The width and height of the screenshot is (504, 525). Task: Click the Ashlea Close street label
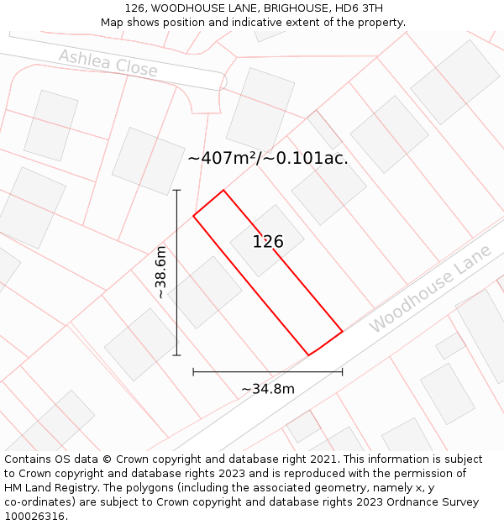pyautogui.click(x=108, y=63)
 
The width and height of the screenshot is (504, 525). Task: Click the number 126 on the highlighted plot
pyautogui.click(x=268, y=242)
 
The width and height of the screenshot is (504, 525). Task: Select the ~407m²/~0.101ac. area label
pyautogui.click(x=267, y=158)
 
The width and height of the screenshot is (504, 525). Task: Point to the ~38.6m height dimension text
pyautogui.click(x=160, y=272)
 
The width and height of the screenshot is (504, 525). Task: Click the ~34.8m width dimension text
pyautogui.click(x=268, y=389)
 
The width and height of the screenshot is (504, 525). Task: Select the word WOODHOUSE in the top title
pyautogui.click(x=186, y=8)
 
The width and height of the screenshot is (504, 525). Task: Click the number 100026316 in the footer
pyautogui.click(x=34, y=517)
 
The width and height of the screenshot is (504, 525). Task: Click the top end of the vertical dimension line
pyautogui.click(x=177, y=190)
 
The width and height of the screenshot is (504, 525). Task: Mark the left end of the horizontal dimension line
pyautogui.click(x=193, y=370)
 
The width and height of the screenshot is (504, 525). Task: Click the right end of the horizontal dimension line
pyautogui.click(x=342, y=370)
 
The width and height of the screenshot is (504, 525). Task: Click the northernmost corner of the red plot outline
pyautogui.click(x=223, y=190)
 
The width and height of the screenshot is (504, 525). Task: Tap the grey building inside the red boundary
pyautogui.click(x=267, y=240)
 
